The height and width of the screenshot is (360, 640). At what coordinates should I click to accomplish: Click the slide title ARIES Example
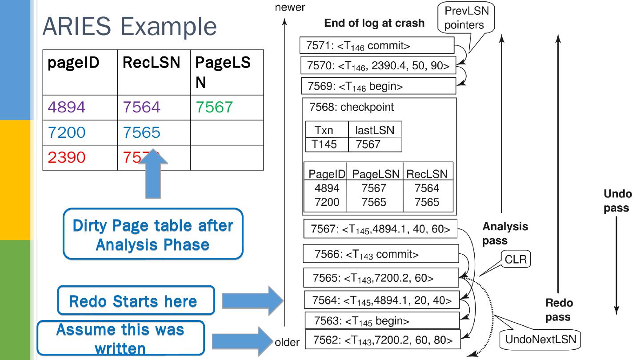[129, 26]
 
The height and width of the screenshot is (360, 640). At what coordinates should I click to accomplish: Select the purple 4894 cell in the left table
[67, 107]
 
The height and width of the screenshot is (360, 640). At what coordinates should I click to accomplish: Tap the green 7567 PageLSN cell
[215, 107]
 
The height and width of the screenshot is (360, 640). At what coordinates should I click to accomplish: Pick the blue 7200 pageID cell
[67, 132]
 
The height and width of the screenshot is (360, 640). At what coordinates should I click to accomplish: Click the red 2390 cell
[67, 157]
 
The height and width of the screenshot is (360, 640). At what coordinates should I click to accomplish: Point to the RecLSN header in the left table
[151, 63]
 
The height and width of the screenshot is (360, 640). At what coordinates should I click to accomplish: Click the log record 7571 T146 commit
[377, 45]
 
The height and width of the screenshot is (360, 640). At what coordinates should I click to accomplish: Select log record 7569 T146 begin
[378, 86]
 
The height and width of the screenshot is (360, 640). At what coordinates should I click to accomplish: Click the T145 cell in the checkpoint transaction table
[327, 144]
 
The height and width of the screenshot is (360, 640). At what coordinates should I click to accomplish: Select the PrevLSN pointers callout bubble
[466, 18]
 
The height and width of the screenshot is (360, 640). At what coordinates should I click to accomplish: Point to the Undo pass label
[617, 201]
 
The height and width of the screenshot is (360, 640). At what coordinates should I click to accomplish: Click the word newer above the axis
[290, 7]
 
